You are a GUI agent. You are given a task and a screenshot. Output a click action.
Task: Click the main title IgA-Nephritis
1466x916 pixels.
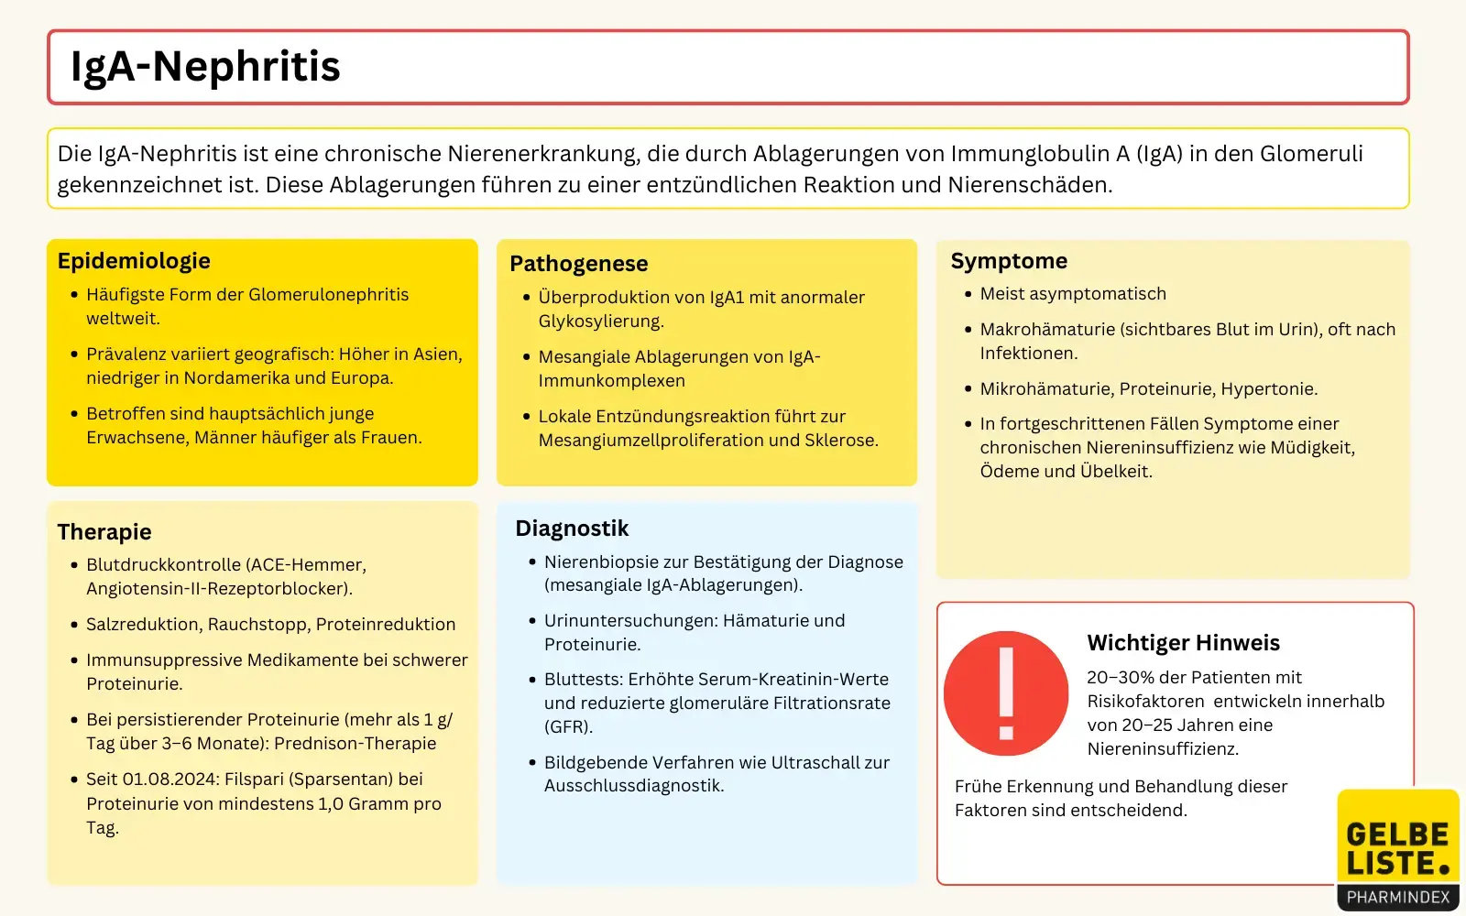pyautogui.click(x=205, y=67)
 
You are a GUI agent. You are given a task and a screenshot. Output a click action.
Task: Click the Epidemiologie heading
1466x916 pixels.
pyautogui.click(x=134, y=261)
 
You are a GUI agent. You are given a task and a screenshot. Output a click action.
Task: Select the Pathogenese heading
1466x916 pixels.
pyautogui.click(x=578, y=264)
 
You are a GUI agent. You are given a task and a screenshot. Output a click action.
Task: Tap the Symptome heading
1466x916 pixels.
pyautogui.click(x=1009, y=261)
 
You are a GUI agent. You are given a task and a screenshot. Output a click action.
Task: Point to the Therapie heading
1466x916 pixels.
pyautogui.click(x=104, y=532)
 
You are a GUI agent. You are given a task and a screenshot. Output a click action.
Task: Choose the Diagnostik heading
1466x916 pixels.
pyautogui.click(x=572, y=529)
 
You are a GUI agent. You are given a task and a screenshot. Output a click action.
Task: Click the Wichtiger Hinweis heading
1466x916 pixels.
pyautogui.click(x=1183, y=643)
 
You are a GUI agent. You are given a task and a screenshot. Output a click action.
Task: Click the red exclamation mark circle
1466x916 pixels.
pyautogui.click(x=1006, y=693)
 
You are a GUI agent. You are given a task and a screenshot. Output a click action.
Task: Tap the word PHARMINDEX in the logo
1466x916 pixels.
pyautogui.click(x=1397, y=898)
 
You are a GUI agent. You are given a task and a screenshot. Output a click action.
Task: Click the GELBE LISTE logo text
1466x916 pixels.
pyautogui.click(x=1397, y=848)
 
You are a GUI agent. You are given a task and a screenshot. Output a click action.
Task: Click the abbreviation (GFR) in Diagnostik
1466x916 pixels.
pyautogui.click(x=568, y=727)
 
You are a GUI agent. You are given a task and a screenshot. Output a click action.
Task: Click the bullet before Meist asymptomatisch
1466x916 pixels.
pyautogui.click(x=968, y=294)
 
